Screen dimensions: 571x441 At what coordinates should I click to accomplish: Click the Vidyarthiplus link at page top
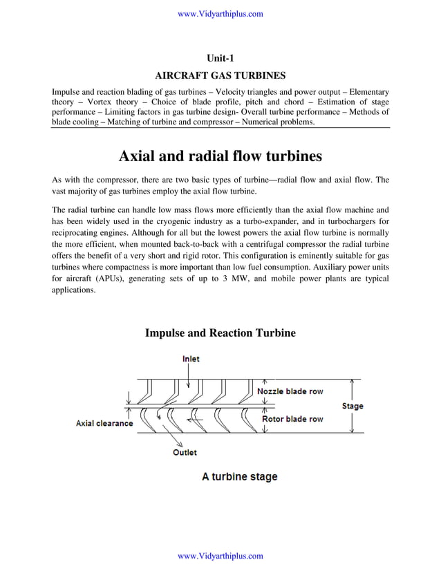click(x=220, y=14)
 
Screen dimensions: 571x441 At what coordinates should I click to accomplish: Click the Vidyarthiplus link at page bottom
click(x=220, y=556)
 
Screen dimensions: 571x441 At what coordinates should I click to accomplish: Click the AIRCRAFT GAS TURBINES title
click(x=220, y=75)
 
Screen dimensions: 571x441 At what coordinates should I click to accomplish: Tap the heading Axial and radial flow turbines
click(x=220, y=156)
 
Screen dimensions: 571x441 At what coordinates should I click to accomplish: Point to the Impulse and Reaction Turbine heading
click(x=220, y=333)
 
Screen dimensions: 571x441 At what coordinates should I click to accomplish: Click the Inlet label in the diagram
click(x=191, y=359)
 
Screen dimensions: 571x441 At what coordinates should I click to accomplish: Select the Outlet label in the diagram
click(x=185, y=452)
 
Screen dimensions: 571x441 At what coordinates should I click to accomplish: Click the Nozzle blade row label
click(x=290, y=391)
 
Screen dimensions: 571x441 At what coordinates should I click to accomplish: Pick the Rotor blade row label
click(x=292, y=419)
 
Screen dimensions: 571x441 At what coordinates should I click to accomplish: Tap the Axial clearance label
click(x=104, y=423)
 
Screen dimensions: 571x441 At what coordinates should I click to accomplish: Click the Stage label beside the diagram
click(x=353, y=406)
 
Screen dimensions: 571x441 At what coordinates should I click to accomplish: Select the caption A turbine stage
click(x=239, y=476)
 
